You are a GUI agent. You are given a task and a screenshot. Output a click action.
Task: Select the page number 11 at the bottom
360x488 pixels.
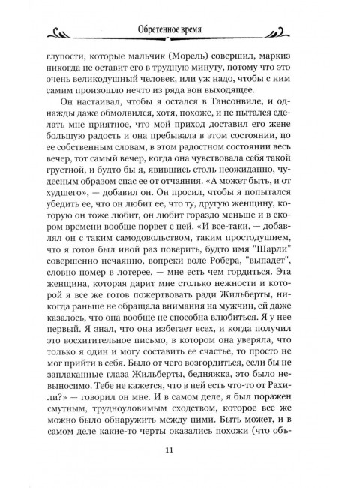[179, 449]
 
